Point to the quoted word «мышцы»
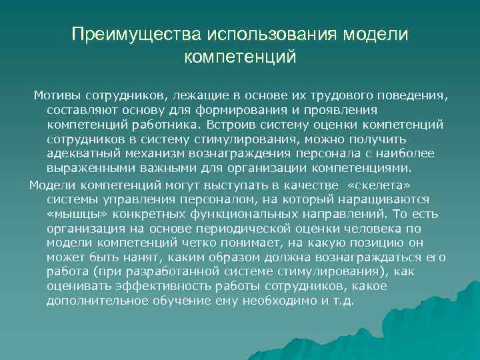pyautogui.click(x=74, y=213)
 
